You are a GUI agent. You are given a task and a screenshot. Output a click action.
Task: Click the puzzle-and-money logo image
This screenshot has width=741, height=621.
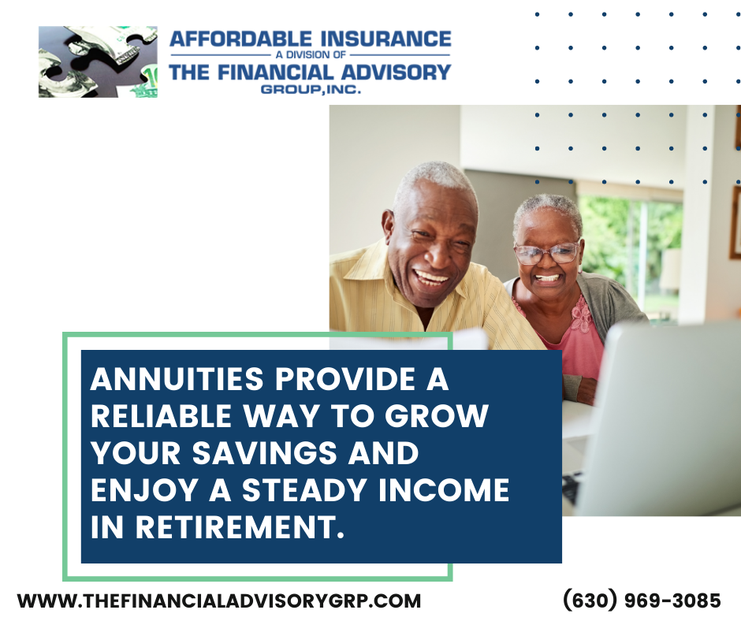coord(98,62)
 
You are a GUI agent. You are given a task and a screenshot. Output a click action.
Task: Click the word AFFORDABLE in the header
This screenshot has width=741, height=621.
coord(240,39)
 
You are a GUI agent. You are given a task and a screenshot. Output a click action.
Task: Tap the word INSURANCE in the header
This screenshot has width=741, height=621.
coord(386,39)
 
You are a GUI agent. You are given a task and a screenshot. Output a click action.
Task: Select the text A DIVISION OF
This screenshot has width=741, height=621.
coord(311,55)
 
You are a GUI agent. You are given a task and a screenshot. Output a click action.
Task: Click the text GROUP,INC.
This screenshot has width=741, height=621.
coord(311,89)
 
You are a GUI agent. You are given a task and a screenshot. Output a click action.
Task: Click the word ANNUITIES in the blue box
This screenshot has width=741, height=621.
coord(177,379)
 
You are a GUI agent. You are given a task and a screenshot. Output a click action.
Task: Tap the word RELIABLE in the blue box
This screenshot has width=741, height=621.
coord(161,416)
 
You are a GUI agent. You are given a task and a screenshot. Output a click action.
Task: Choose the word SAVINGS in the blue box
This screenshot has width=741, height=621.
coord(265,453)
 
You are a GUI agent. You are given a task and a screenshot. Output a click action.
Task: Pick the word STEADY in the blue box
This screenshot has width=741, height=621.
coord(305,489)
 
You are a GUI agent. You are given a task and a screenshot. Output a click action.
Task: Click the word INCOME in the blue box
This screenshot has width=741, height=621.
coord(444,489)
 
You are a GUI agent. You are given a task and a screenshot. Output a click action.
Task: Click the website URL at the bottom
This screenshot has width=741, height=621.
coord(219,601)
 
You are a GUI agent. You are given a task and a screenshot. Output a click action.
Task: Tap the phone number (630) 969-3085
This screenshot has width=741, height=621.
coord(642,601)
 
